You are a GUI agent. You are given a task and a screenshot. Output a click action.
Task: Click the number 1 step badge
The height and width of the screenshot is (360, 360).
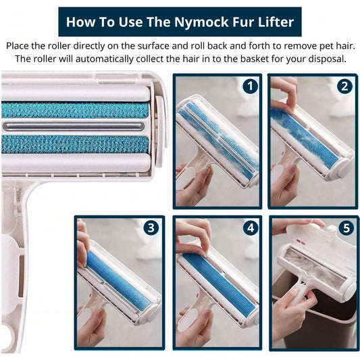251,86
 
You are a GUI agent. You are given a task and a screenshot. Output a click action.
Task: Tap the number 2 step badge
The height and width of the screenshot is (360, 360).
344,86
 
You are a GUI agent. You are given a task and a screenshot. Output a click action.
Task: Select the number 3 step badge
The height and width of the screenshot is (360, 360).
151,228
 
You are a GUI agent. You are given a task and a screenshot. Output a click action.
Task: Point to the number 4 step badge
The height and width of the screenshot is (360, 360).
251,228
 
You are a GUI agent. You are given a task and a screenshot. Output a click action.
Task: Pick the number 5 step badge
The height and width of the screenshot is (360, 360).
346,228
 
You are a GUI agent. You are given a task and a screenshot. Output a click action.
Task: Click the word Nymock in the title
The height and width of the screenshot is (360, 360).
201,22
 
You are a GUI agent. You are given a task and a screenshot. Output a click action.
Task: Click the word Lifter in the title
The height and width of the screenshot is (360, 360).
276,22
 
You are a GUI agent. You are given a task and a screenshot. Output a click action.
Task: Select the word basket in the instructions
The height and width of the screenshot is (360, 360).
255,59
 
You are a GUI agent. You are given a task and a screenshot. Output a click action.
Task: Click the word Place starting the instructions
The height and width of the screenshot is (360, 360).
18,46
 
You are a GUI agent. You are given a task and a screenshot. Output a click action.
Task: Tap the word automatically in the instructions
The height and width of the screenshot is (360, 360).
104,59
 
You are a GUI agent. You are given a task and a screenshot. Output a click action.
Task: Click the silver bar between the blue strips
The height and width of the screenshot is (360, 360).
74,126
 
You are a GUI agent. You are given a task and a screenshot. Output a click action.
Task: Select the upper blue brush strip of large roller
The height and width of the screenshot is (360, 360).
75,110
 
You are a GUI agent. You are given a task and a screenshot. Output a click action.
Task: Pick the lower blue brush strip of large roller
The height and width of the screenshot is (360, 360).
75,144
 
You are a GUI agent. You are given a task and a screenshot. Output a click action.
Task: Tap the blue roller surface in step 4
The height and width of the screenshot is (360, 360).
219,285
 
